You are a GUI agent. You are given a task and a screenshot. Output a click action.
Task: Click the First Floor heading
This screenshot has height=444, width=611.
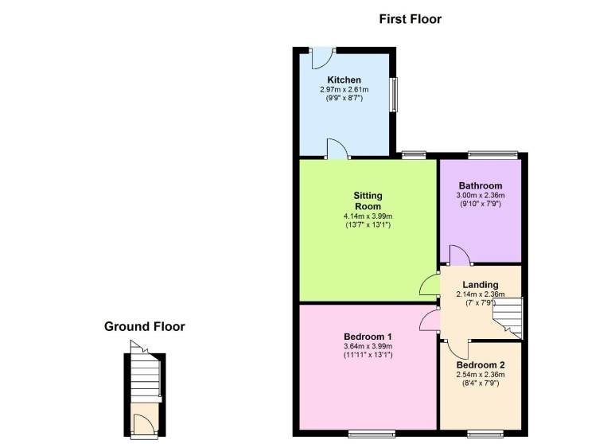point(411,19)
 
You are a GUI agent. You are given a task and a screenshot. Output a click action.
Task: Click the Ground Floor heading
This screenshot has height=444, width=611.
point(145,326)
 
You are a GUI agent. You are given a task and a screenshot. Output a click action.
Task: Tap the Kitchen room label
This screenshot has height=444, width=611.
point(344,80)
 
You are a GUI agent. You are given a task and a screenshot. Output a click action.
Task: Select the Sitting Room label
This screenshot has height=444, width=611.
point(368,201)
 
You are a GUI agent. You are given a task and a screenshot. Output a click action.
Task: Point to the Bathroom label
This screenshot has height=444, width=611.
point(481,185)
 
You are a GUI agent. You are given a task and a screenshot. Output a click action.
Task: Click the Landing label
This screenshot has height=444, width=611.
point(481,285)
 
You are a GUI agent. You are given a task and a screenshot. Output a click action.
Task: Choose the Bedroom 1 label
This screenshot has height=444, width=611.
point(368,337)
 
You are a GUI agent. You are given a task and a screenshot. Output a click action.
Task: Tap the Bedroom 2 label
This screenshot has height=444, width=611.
point(481,365)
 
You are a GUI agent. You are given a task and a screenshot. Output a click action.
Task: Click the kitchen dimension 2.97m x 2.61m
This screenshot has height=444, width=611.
point(344,90)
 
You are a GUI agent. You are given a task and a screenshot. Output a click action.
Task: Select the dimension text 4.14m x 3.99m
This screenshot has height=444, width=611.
point(368,216)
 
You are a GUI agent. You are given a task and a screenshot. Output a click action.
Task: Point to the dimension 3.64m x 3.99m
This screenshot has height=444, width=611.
point(368,346)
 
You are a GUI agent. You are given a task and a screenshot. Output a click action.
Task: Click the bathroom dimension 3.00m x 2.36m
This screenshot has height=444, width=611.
point(481,195)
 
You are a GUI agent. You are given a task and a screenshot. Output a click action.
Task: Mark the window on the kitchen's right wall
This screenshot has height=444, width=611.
point(394,95)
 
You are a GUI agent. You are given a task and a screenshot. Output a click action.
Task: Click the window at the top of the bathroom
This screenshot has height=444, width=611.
point(493,154)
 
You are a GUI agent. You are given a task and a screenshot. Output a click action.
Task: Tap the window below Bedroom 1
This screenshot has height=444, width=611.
point(372,434)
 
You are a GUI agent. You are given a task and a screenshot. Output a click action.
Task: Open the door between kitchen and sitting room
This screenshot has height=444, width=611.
point(337,149)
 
